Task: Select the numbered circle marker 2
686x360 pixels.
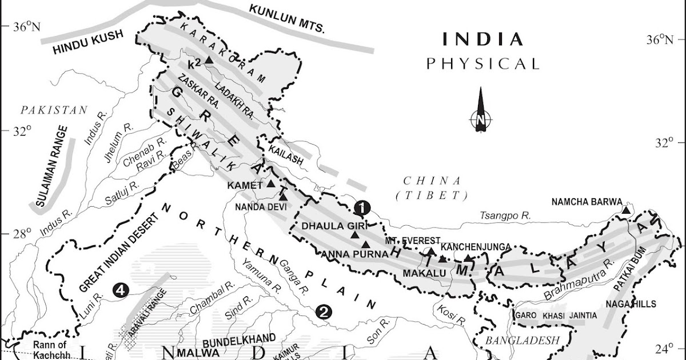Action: pos(322,311)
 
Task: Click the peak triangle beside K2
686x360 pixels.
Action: pos(209,60)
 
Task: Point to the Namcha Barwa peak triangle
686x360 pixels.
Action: pos(626,211)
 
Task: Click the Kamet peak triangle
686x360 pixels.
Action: pos(271,184)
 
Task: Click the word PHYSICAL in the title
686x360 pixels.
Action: pos(482,63)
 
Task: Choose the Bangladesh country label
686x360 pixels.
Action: pos(521,341)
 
